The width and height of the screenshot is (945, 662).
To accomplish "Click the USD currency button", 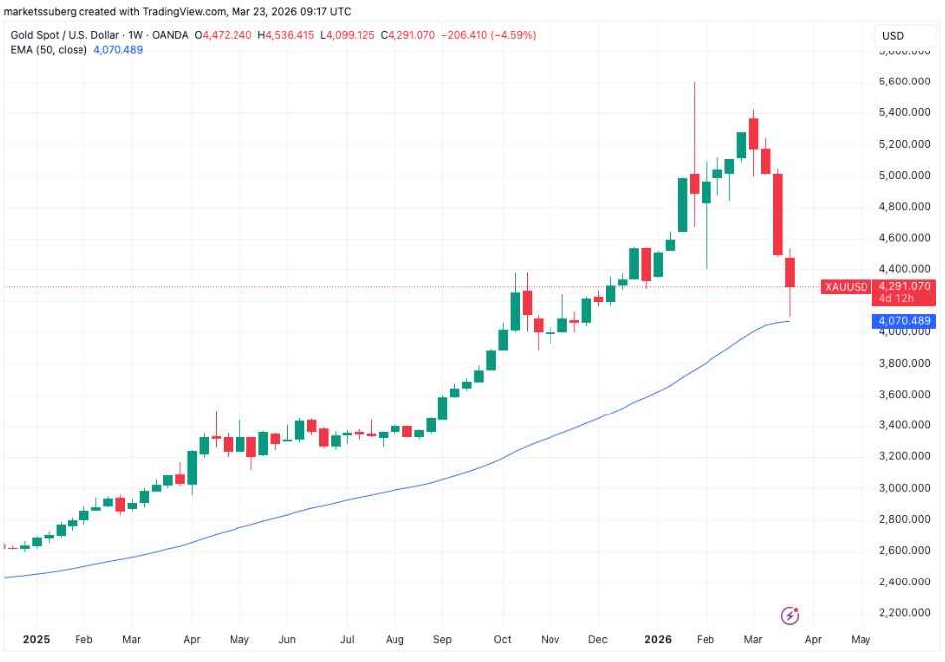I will coord(892,36).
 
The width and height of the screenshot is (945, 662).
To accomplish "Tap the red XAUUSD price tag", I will coord(845,287).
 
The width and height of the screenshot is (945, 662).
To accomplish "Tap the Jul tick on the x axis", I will coord(348,640).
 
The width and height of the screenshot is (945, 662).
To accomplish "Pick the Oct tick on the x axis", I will coord(503,640).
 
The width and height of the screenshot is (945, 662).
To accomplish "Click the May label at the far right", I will coord(862,640).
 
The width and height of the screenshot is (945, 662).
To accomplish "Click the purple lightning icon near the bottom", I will coord(791,616).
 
